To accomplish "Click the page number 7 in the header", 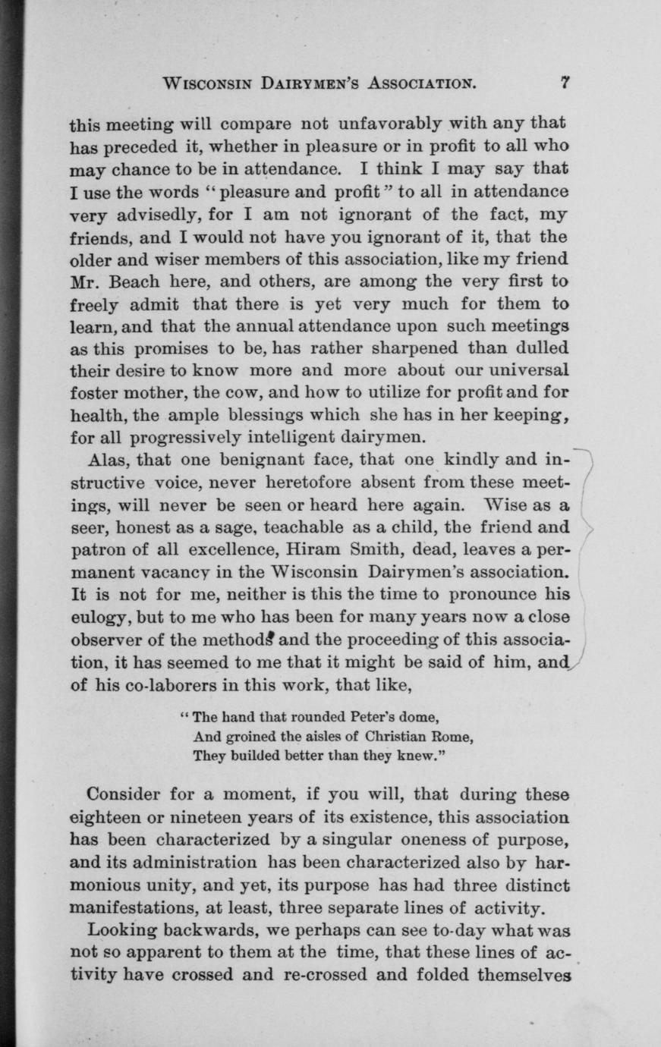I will (565, 83).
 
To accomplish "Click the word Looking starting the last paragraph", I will (126, 930).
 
